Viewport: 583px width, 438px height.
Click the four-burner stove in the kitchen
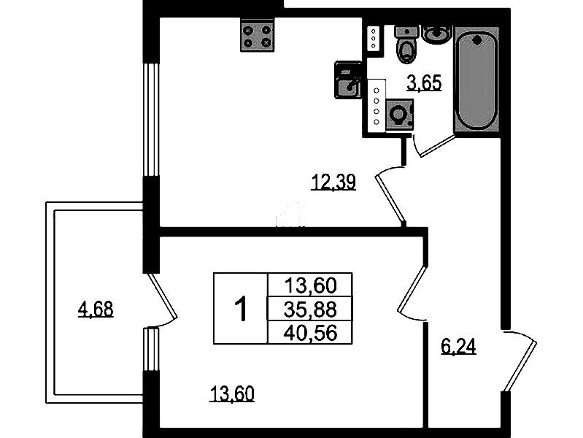pyautogui.click(x=258, y=35)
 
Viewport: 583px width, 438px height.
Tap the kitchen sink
pyautogui.click(x=348, y=80)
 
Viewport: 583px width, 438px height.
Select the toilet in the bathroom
pyautogui.click(x=406, y=44)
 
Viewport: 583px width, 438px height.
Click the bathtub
pyautogui.click(x=476, y=79)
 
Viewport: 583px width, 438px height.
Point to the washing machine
pyautogui.click(x=400, y=114)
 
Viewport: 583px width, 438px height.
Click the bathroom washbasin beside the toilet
pyautogui.click(x=438, y=34)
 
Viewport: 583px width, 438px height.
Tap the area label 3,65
pyautogui.click(x=424, y=82)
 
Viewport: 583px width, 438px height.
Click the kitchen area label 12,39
pyautogui.click(x=333, y=182)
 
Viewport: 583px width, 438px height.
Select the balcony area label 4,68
pyautogui.click(x=96, y=310)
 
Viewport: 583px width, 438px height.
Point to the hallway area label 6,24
pyautogui.click(x=458, y=347)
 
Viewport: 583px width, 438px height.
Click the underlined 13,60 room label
pyautogui.click(x=232, y=393)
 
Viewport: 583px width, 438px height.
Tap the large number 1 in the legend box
pyautogui.click(x=242, y=309)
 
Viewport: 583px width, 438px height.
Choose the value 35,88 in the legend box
pyautogui.click(x=310, y=309)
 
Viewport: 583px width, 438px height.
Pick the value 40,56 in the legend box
pyautogui.click(x=310, y=332)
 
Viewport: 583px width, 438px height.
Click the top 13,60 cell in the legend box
pyautogui.click(x=310, y=285)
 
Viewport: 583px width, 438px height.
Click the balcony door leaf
pyautogui.click(x=163, y=296)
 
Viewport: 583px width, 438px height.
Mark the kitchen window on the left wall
pyautogui.click(x=151, y=120)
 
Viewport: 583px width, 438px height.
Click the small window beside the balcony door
pyautogui.click(x=151, y=350)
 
